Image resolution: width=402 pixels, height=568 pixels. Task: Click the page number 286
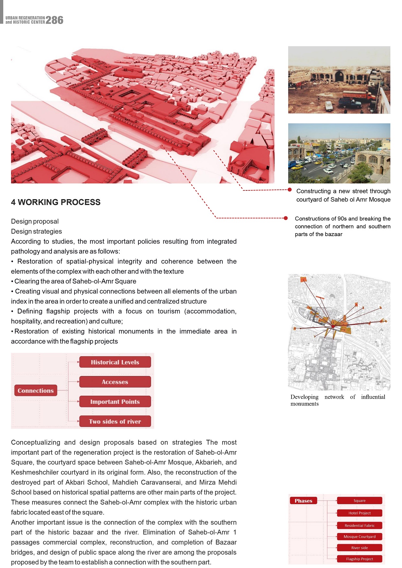coord(54,20)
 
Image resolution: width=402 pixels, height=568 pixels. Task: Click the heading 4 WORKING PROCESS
coord(56,202)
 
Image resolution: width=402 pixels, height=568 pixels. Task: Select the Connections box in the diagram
coord(36,391)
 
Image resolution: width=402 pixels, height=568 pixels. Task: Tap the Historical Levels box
coord(115,362)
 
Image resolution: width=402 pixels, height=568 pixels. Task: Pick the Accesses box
coord(115,382)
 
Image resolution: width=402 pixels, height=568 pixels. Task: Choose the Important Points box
coord(115,402)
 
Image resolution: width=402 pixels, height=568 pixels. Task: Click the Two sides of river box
coord(115,421)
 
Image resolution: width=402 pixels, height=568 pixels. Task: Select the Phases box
coord(303,501)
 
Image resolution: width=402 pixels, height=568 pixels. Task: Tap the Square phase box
coord(360,501)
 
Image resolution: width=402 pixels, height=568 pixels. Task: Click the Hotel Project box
coord(360,513)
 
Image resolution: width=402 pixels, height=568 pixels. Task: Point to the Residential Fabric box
coord(360,526)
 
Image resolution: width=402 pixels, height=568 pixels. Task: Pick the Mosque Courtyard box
coord(360,537)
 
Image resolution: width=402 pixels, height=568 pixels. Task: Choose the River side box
coord(360,548)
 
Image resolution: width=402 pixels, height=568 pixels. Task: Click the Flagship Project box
coord(360,559)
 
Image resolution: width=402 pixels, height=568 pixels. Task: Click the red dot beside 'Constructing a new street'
coord(290,190)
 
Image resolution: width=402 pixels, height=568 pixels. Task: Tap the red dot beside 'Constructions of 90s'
coord(286,218)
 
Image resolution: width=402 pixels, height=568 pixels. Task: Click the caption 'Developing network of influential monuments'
coord(337,400)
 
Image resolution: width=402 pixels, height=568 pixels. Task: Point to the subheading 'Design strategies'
coord(36,231)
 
